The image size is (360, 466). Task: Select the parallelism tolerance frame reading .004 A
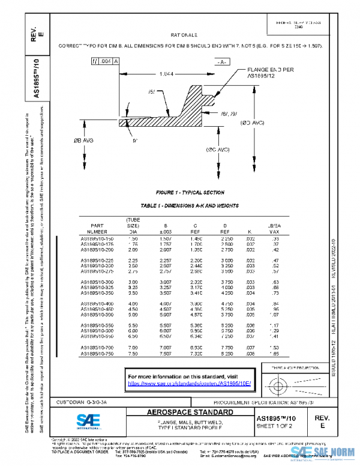point(104,61)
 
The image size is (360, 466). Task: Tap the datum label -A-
point(222,62)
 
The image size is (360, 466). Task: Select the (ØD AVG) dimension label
point(253,123)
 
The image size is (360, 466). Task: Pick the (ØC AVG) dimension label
point(218,150)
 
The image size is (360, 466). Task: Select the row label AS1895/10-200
point(97,250)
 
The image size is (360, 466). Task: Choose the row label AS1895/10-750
point(97,354)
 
